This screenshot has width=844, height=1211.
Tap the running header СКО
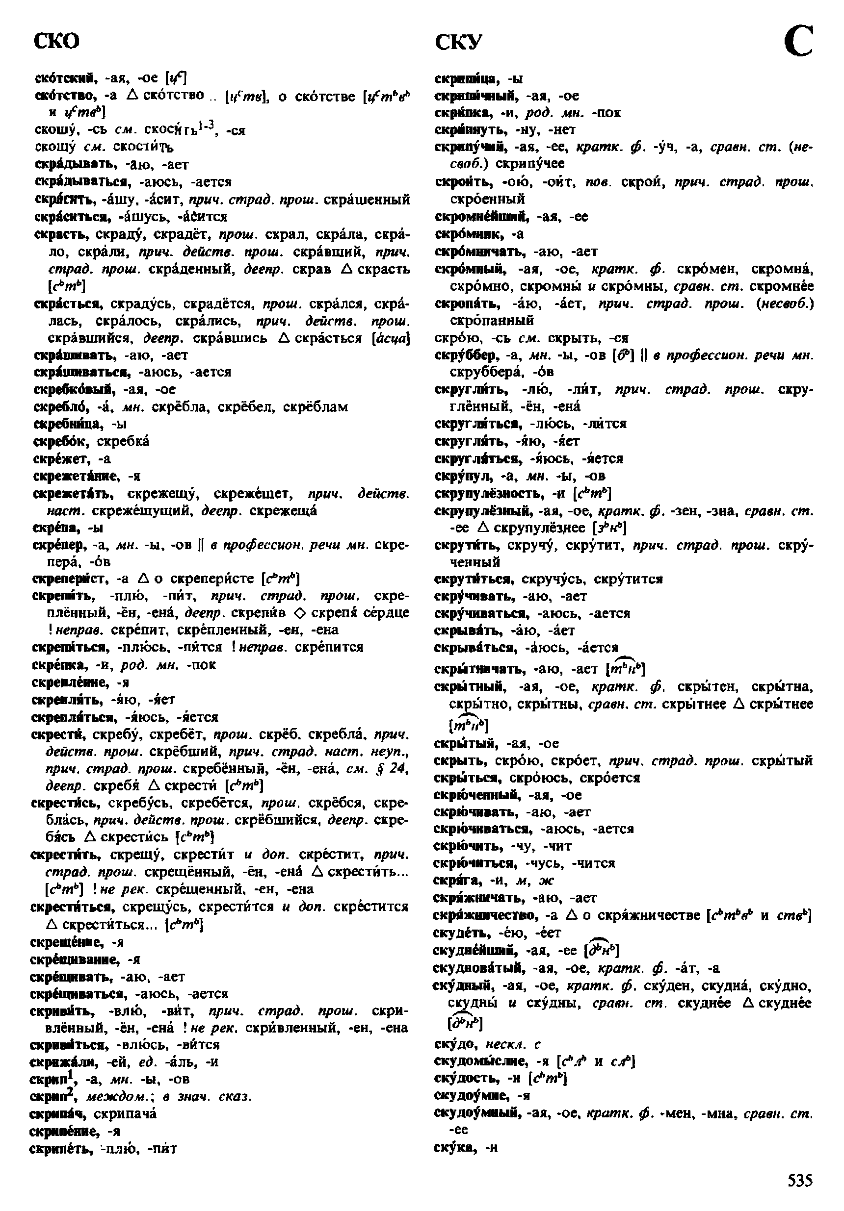tap(56, 41)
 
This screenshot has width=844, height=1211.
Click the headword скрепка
tap(53, 664)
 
